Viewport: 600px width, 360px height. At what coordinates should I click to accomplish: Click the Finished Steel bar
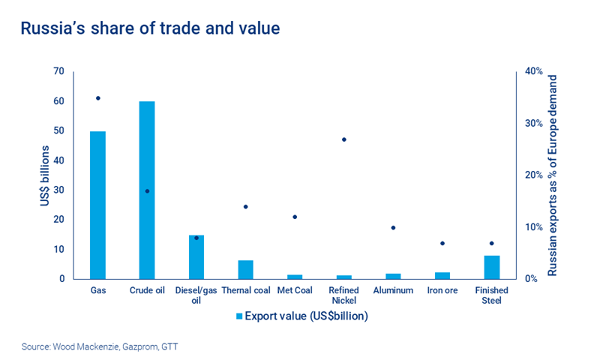pos(492,267)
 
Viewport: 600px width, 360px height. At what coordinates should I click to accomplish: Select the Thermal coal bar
pos(246,269)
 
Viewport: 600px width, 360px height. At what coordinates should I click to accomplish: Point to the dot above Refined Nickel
pos(344,139)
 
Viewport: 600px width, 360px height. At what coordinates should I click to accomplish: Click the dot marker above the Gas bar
pos(97,98)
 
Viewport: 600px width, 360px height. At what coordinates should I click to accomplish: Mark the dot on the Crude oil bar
pos(147,191)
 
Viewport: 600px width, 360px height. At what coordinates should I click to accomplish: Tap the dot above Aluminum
pos(394,228)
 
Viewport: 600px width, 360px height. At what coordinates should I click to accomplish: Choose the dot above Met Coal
pos(295,217)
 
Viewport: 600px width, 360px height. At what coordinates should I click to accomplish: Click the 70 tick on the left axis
pos(58,72)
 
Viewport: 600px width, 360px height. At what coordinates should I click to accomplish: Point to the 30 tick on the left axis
pos(58,190)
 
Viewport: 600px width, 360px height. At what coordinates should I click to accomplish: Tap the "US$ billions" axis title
pos(45,175)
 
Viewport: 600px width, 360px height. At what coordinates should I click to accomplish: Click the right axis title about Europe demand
pos(553,175)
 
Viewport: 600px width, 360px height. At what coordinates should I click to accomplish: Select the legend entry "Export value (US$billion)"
pos(300,316)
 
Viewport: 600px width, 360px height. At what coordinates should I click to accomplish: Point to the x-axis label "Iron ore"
pos(442,290)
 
